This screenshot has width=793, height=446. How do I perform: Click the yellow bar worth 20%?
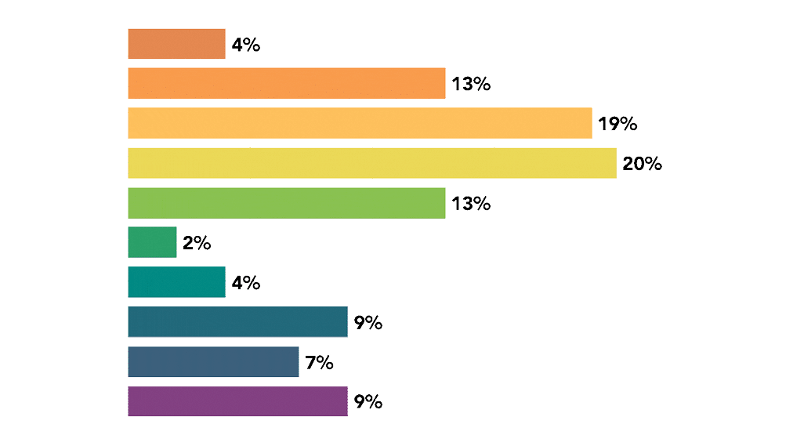(x=371, y=163)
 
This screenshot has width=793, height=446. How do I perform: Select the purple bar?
(x=237, y=401)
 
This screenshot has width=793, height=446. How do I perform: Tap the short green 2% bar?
(x=152, y=242)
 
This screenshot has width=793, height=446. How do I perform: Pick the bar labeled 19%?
(x=360, y=123)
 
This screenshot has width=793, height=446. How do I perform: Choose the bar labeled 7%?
(x=213, y=362)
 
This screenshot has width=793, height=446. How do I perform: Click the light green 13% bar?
(x=287, y=203)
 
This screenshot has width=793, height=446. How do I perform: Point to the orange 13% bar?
(x=287, y=83)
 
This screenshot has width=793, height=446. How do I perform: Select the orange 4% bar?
(x=176, y=44)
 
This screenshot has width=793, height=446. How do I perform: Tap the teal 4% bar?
(x=176, y=282)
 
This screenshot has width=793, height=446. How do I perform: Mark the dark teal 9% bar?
(x=237, y=322)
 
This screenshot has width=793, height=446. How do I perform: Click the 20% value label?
(x=642, y=164)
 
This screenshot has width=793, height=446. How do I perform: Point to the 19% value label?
(x=617, y=124)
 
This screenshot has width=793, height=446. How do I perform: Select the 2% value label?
(x=197, y=243)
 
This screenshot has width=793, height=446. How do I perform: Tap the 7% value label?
(x=319, y=363)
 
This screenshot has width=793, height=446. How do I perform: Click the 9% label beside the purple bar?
(x=368, y=402)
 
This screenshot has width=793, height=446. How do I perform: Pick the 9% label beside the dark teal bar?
(x=368, y=323)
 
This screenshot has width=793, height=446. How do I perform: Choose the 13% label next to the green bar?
(x=471, y=204)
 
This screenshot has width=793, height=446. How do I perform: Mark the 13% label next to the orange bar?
(x=471, y=84)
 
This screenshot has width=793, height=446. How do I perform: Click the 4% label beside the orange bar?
(x=245, y=45)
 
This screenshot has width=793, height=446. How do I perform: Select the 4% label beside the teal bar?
(x=245, y=283)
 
